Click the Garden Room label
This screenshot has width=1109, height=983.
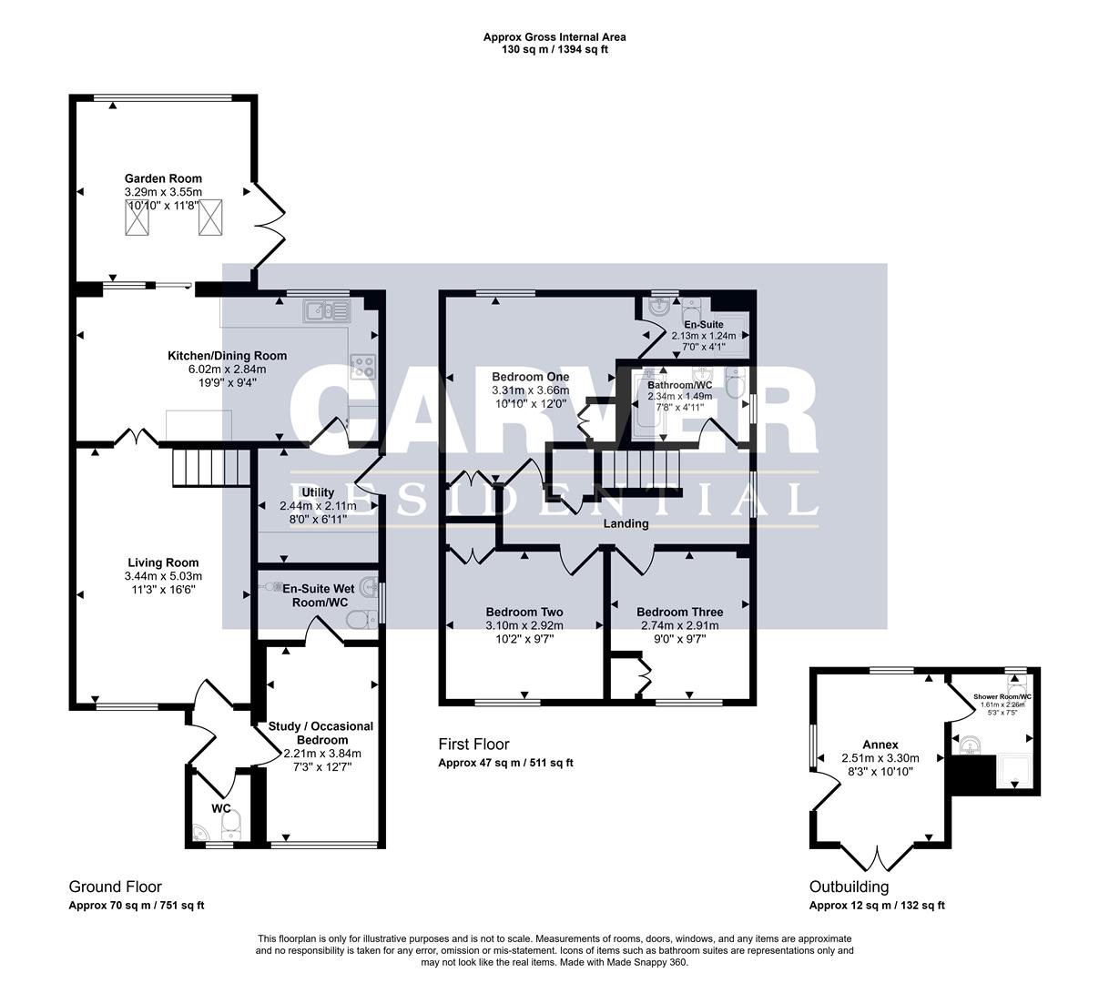tap(163, 178)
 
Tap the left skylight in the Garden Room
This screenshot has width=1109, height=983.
tap(136, 218)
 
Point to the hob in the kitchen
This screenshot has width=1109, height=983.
tap(363, 365)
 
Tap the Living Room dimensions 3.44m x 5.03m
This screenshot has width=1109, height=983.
tap(163, 576)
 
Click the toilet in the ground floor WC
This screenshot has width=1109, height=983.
tap(231, 827)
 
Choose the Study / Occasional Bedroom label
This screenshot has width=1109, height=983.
tap(320, 733)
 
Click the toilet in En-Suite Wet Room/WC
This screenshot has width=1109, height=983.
tap(361, 621)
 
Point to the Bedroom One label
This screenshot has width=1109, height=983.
tap(530, 377)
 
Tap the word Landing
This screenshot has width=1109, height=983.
tap(626, 523)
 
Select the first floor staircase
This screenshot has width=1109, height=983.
tap(637, 474)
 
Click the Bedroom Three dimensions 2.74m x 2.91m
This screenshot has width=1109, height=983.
tap(679, 625)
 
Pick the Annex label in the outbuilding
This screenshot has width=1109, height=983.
tap(880, 745)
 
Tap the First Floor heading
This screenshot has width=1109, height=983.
tap(473, 745)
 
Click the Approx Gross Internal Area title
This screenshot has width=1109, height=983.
tap(554, 37)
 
